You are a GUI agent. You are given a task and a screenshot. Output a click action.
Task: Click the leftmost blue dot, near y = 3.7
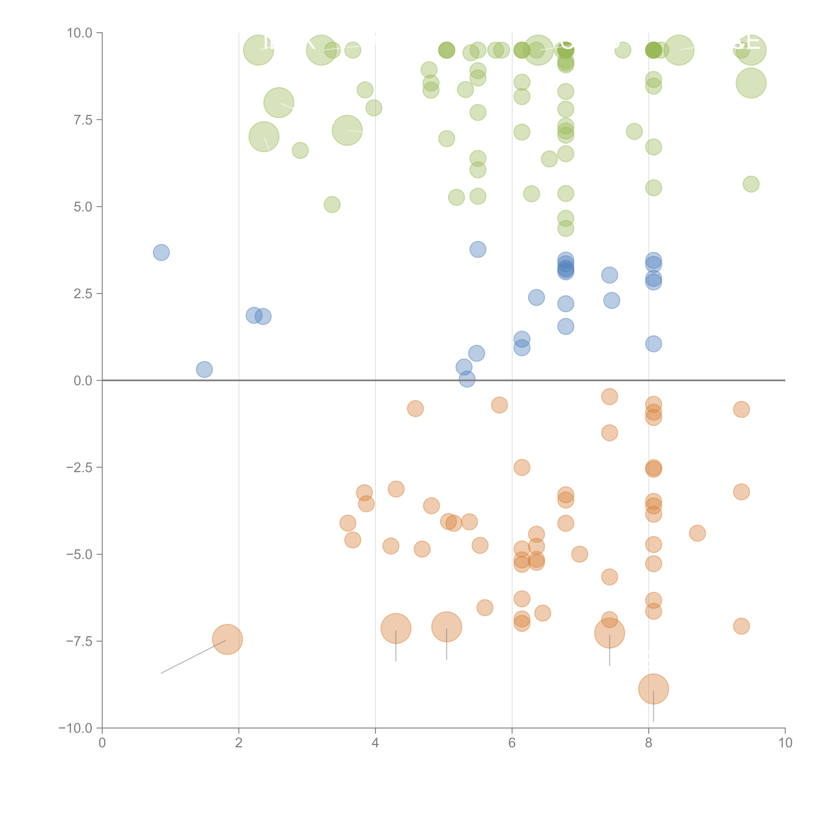(161, 253)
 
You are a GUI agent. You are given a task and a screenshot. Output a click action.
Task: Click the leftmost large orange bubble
(227, 639)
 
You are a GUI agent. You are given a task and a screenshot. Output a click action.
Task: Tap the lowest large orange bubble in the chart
(653, 689)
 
